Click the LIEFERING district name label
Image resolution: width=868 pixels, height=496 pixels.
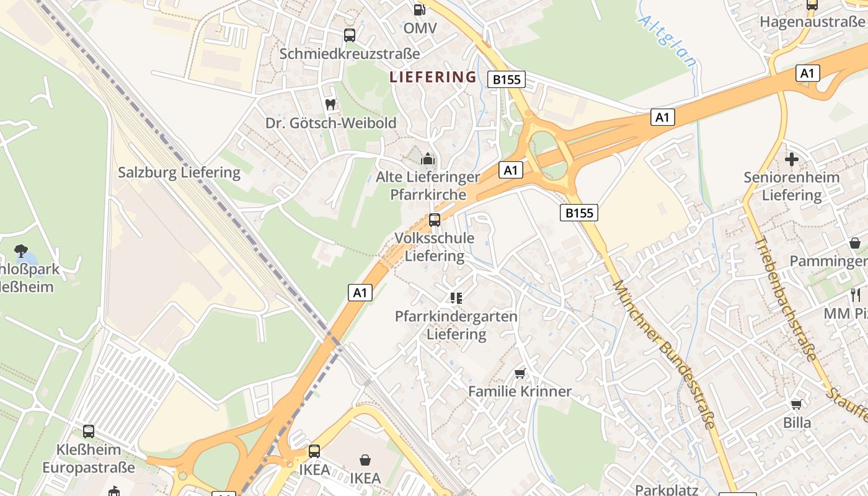pyautogui.click(x=433, y=77)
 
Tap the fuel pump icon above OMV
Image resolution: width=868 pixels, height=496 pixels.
pyautogui.click(x=420, y=9)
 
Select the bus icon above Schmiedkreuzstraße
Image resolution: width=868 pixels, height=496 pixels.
pyautogui.click(x=350, y=35)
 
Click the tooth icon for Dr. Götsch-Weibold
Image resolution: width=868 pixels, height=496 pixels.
pyautogui.click(x=330, y=104)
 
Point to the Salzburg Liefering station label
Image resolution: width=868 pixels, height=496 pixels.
pyautogui.click(x=179, y=172)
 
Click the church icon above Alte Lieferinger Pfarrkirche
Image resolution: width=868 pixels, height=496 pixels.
pyautogui.click(x=428, y=159)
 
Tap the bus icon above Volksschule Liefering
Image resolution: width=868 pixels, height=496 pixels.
pyautogui.click(x=435, y=219)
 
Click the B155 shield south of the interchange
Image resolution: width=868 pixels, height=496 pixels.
pyautogui.click(x=579, y=213)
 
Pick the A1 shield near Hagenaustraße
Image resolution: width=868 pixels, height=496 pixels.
pyautogui.click(x=807, y=73)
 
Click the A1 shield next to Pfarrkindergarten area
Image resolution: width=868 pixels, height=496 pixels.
pyautogui.click(x=360, y=293)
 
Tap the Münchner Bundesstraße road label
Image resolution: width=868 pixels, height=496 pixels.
pyautogui.click(x=664, y=353)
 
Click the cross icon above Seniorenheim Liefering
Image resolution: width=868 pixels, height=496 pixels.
pyautogui.click(x=792, y=159)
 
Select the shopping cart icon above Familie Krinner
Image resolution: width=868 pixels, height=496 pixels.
pyautogui.click(x=520, y=373)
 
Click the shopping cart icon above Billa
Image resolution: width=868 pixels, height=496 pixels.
pyautogui.click(x=797, y=404)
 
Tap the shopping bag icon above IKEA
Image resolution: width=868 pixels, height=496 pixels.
pyautogui.click(x=365, y=460)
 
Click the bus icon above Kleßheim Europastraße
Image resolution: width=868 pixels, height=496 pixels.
pyautogui.click(x=89, y=431)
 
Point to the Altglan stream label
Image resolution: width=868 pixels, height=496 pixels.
pyautogui.click(x=668, y=41)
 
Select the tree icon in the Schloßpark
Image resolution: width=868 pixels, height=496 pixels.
pyautogui.click(x=21, y=250)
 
